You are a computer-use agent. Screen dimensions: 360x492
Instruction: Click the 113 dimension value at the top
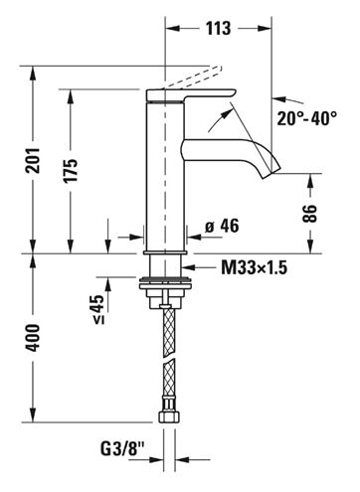218,28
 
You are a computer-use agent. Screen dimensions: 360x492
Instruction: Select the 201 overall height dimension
33,160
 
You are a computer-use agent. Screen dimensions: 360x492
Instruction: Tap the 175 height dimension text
71,171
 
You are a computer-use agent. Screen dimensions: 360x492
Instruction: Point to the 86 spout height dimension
310,214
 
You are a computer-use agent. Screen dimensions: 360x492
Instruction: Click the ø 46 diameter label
222,226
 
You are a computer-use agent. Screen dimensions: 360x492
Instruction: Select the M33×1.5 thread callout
254,267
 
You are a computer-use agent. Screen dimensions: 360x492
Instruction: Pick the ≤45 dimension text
98,309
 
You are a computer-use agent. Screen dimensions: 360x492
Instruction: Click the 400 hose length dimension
33,338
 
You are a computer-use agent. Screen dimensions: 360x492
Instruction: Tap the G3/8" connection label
122,449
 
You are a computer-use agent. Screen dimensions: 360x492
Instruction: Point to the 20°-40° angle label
307,118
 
